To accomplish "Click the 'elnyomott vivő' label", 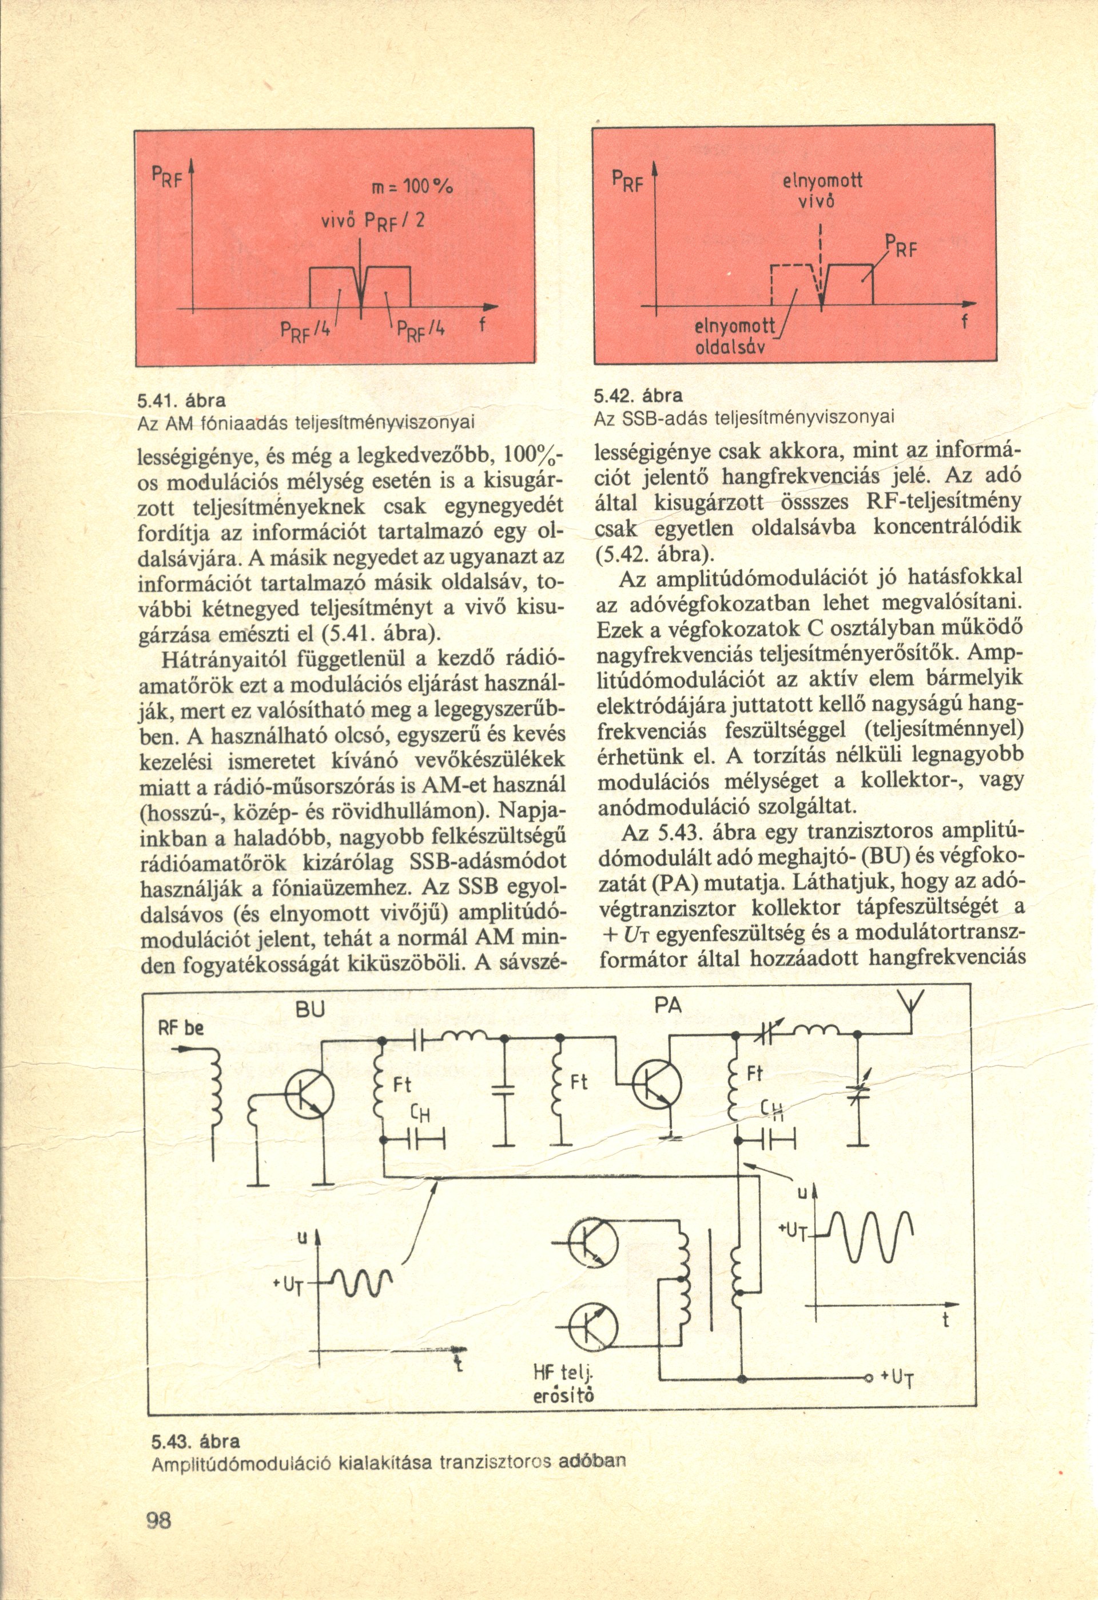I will click(x=822, y=192).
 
